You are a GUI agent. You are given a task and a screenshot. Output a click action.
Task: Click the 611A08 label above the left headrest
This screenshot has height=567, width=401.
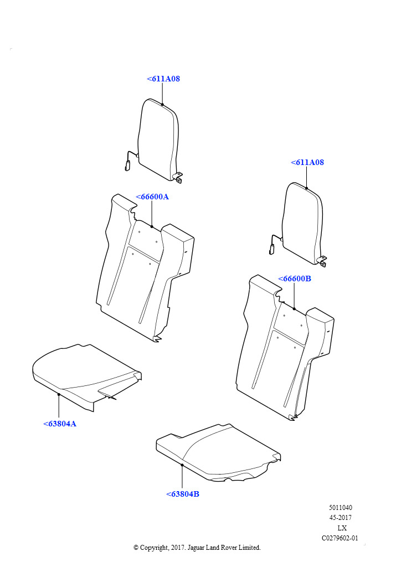163,79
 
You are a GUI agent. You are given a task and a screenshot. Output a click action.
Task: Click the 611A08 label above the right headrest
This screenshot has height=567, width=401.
307,162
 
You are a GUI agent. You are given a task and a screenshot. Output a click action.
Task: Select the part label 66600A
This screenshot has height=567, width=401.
152,197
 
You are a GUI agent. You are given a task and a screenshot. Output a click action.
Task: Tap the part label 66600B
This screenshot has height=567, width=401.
294,279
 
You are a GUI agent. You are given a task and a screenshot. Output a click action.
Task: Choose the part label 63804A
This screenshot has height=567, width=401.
60,424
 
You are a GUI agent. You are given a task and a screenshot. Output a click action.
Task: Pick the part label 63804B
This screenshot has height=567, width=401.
183,494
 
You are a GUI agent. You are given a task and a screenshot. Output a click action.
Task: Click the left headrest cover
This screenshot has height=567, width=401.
158,139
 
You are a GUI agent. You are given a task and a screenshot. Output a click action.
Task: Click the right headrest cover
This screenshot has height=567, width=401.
302,223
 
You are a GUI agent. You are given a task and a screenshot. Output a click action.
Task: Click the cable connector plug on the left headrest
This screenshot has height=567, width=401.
127,166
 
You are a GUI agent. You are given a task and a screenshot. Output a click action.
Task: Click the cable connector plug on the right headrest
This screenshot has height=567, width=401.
271,249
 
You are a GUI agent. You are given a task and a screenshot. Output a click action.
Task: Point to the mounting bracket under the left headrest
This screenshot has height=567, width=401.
178,177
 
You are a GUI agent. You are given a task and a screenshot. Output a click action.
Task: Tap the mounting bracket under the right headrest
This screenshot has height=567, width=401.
322,261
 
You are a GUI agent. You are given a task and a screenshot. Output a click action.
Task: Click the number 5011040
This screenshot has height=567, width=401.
340,508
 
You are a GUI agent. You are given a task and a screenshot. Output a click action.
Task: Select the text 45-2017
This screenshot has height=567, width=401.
340,518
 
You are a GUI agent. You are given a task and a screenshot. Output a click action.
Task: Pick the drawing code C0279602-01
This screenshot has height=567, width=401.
340,538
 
